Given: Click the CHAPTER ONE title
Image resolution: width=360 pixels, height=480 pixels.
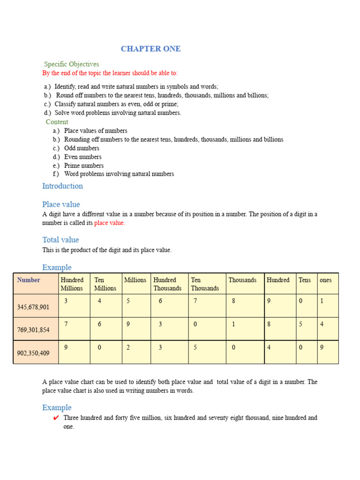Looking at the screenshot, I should click(x=150, y=49).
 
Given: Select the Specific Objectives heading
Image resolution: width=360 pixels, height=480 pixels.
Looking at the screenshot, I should click(x=71, y=64).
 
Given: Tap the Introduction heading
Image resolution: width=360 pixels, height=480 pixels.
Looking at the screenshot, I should click(x=62, y=186).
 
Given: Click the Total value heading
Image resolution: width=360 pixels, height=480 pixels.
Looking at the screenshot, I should click(x=60, y=240).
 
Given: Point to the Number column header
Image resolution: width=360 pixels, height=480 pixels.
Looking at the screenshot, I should click(x=29, y=280).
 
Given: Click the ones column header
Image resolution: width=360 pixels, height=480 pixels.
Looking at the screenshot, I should click(x=325, y=280).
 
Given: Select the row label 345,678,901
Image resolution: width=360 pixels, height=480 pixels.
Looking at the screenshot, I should click(x=33, y=307).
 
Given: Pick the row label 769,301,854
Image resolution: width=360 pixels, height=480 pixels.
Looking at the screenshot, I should click(x=33, y=330).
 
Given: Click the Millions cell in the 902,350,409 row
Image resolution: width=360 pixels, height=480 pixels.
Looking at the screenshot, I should click(x=128, y=348).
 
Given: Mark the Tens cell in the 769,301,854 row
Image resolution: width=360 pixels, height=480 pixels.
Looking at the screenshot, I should click(x=301, y=324).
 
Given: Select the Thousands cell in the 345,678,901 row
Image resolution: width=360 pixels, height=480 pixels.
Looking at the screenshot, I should click(x=233, y=301).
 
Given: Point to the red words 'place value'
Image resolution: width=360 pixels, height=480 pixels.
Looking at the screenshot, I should click(x=110, y=223).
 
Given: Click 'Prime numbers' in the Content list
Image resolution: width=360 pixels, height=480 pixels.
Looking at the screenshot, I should click(x=84, y=165).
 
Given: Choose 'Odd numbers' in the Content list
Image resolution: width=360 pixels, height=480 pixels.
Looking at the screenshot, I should click(x=82, y=148).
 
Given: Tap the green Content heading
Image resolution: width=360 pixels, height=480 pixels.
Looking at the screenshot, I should click(x=57, y=122).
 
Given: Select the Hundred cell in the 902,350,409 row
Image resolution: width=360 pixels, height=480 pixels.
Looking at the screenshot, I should click(x=269, y=348).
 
